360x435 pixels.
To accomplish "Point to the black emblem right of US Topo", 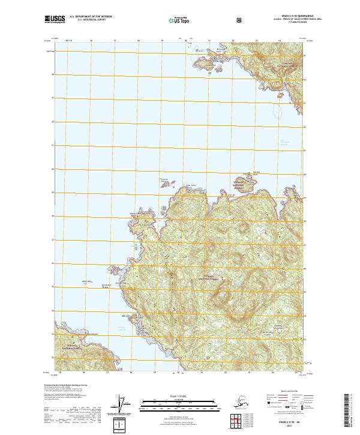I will (x=206, y=20).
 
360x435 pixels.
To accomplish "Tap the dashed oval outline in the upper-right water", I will (x=277, y=110).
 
